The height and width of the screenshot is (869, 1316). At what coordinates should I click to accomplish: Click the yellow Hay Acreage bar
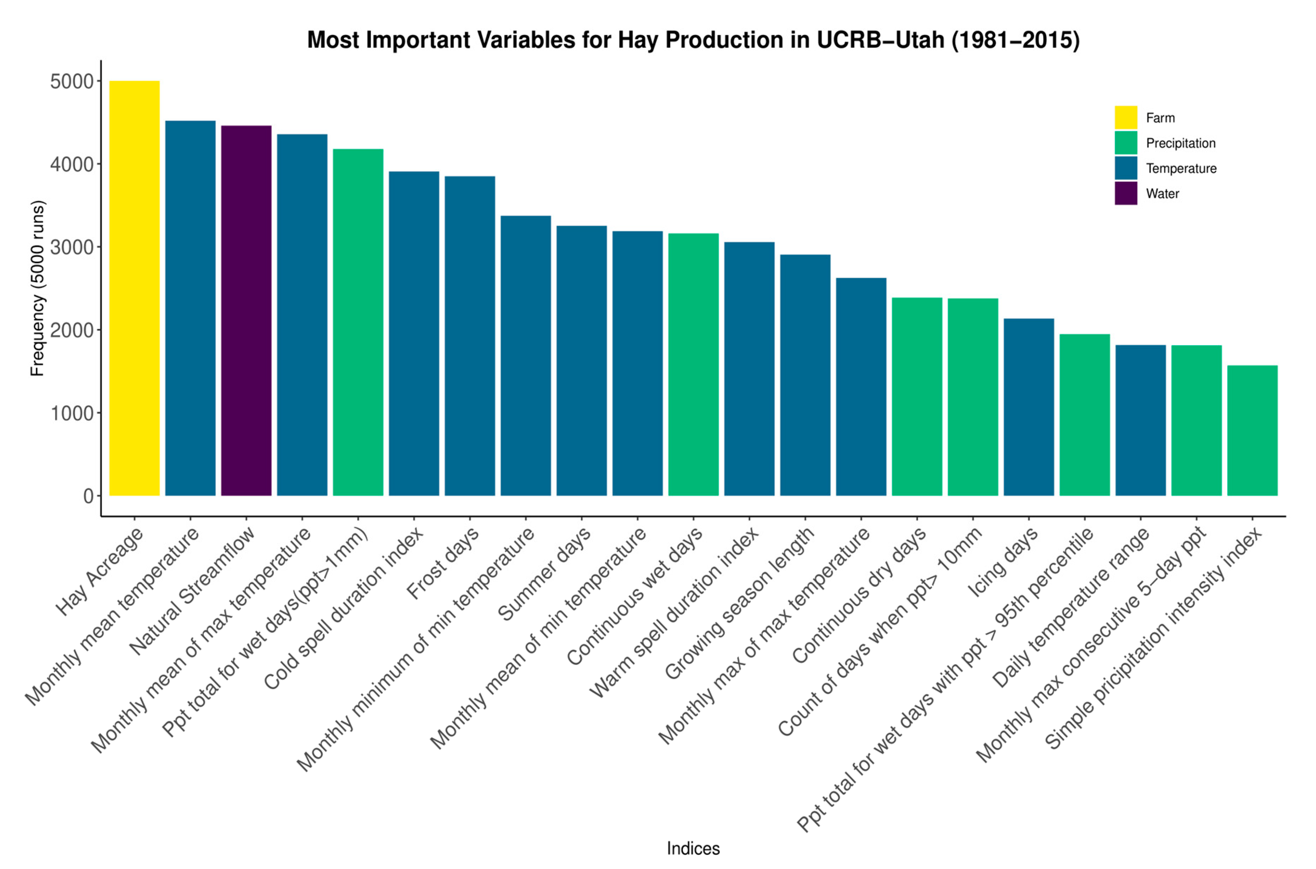pos(134,288)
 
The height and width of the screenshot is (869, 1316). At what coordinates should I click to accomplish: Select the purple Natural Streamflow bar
pos(246,310)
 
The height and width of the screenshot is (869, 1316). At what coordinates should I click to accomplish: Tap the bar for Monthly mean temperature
pos(190,308)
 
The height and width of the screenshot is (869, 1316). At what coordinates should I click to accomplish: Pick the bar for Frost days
pos(469,336)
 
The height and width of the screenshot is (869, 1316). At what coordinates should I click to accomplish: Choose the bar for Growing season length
pos(805,375)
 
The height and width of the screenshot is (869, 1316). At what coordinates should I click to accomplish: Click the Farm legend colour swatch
pos(1125,117)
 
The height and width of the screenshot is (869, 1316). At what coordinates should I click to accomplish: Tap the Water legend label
pos(1162,194)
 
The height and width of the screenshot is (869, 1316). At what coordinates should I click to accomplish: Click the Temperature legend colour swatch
pos(1125,168)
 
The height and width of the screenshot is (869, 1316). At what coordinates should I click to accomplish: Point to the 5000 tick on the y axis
pos(72,81)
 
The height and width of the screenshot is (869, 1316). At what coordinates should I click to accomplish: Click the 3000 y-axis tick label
pos(72,247)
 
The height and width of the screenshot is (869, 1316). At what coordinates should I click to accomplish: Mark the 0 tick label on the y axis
pos(88,496)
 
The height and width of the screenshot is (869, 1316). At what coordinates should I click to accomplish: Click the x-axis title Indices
pos(693,848)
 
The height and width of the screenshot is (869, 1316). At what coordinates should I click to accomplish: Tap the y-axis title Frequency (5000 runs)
pos(37,288)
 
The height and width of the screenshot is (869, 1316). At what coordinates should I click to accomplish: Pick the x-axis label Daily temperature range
pos(1071,607)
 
